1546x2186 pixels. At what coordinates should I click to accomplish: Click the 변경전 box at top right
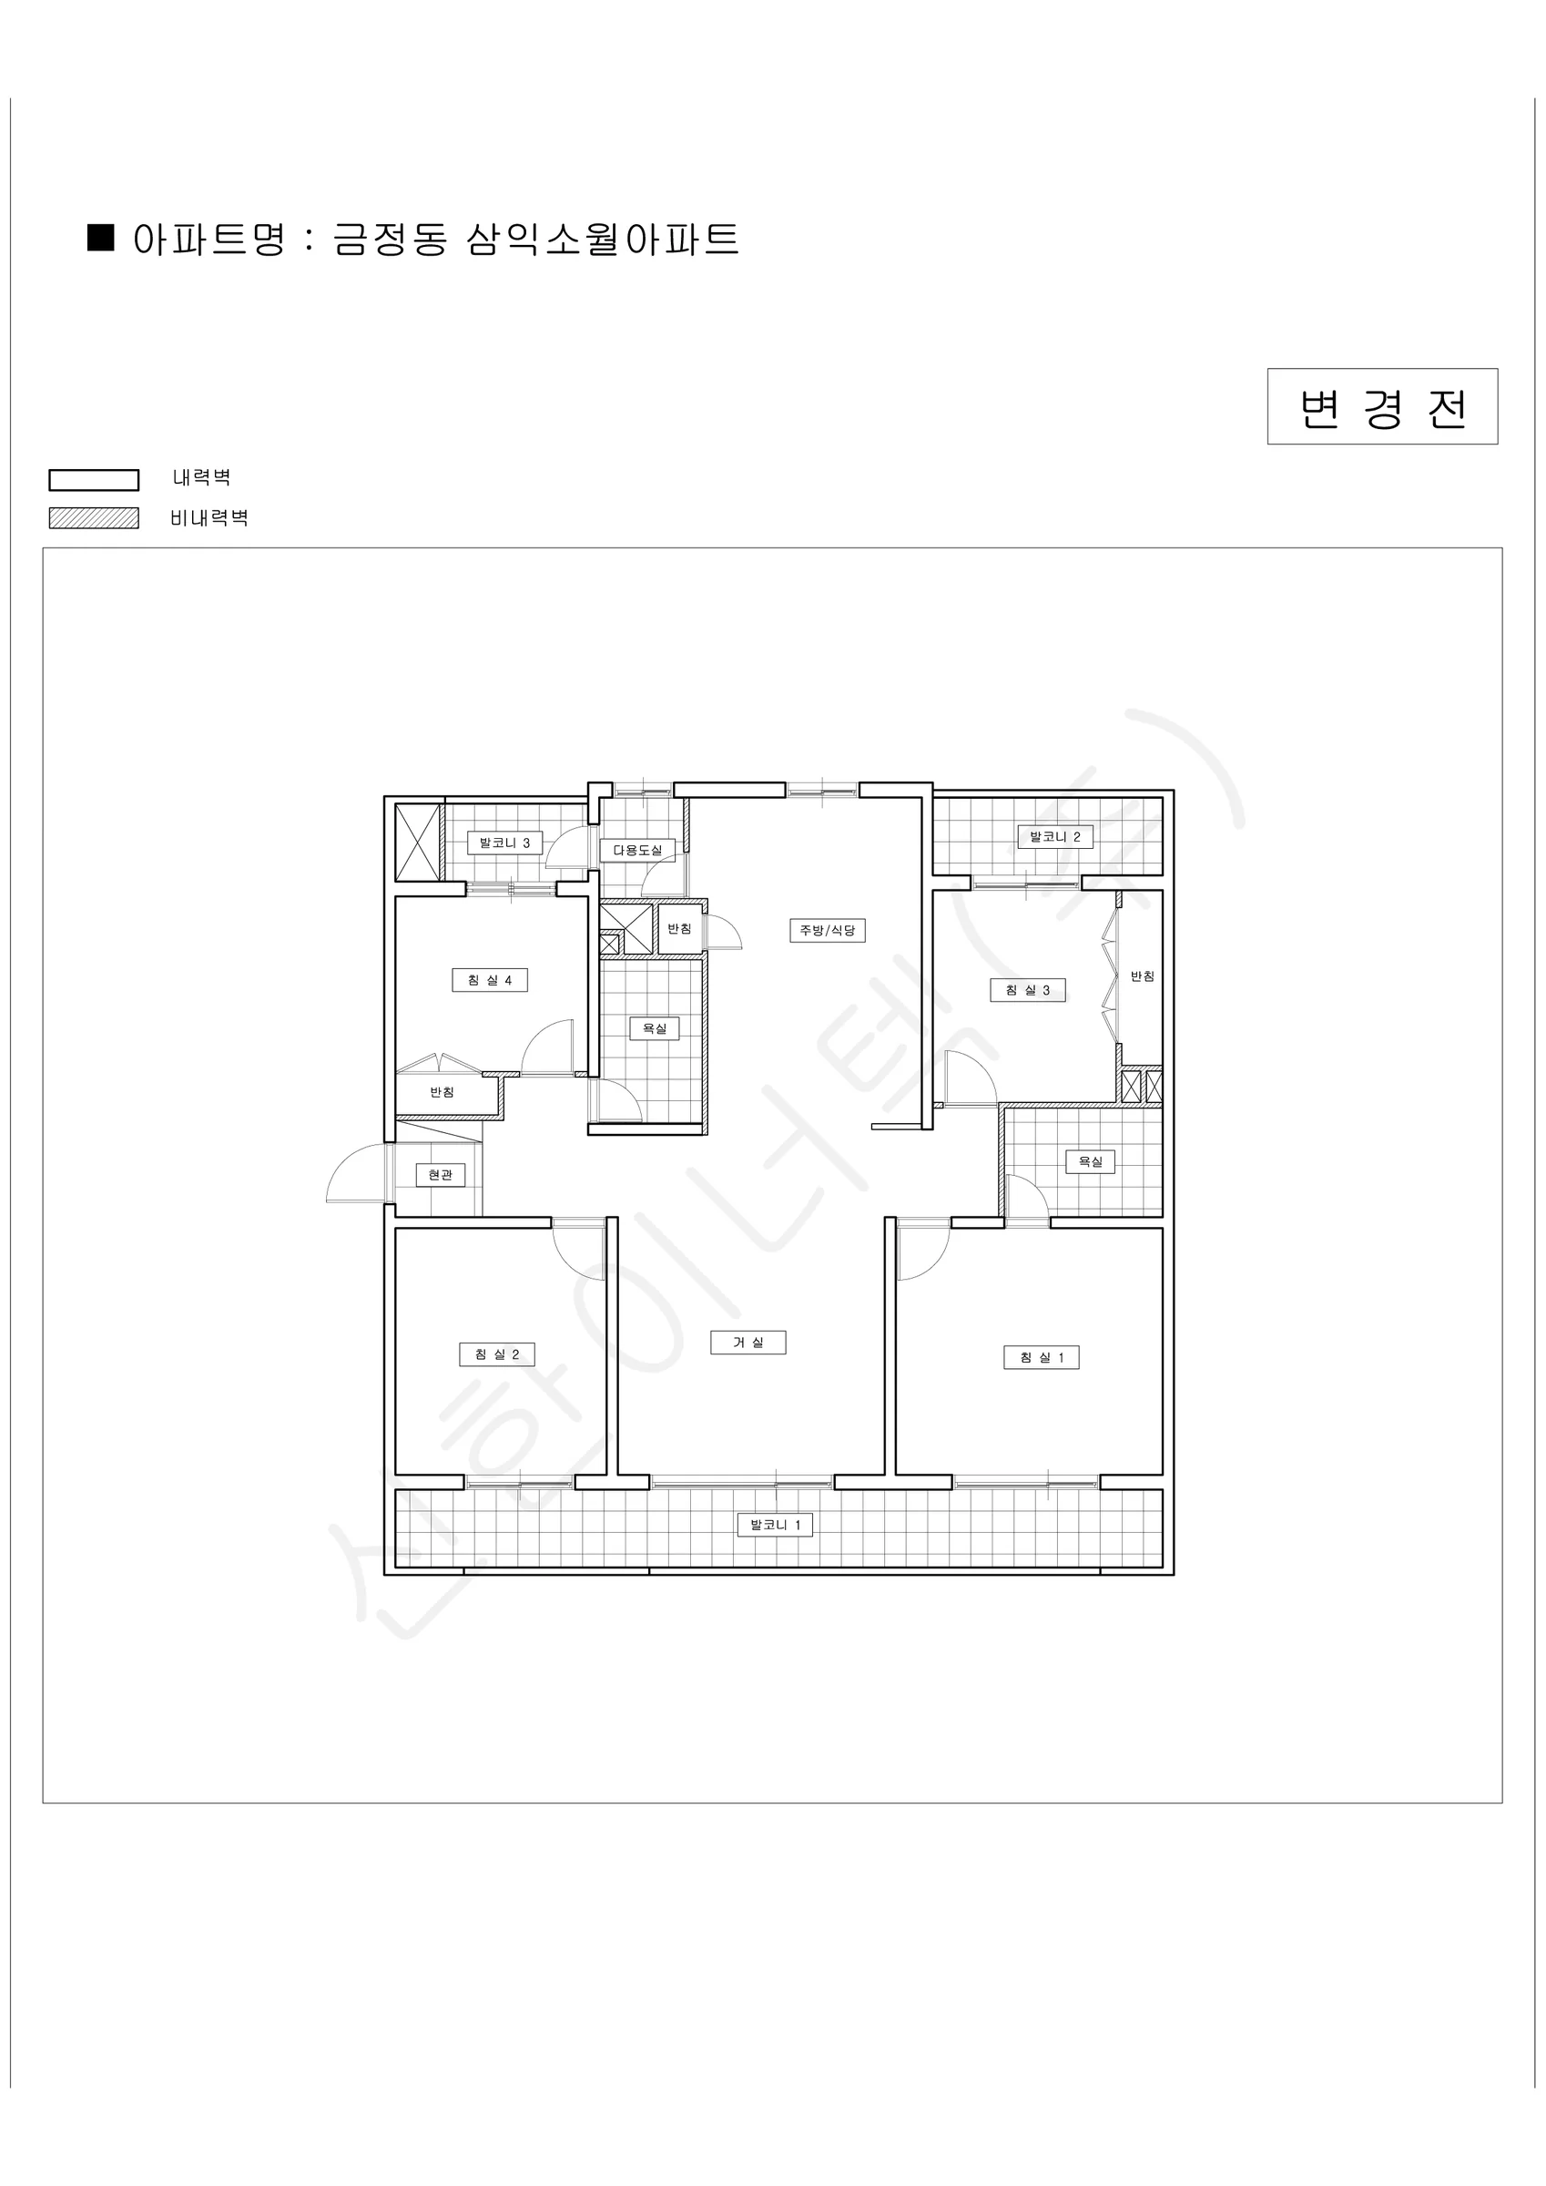point(1381,406)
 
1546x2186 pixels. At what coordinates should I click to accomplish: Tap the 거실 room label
point(748,1343)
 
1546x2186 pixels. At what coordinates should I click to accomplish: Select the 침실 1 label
point(1042,1358)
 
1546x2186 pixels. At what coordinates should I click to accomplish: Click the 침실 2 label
point(497,1354)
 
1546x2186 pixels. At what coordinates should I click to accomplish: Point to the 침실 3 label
point(1027,990)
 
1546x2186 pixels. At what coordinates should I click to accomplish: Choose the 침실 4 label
point(489,981)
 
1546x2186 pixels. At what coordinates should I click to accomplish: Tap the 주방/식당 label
point(828,930)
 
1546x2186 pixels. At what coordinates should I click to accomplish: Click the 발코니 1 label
point(775,1525)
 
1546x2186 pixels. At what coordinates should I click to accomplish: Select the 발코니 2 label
point(1054,837)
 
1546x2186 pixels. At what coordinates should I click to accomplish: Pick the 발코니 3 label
point(504,843)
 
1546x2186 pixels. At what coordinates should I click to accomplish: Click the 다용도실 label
point(636,849)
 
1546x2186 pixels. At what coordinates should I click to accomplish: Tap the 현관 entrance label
point(440,1175)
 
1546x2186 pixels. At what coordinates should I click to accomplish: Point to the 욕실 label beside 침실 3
point(1090,1161)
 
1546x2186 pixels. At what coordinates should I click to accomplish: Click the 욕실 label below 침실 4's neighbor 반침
point(654,1028)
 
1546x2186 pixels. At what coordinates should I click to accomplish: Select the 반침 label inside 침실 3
point(1143,976)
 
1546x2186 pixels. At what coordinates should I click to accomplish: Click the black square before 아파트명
point(101,237)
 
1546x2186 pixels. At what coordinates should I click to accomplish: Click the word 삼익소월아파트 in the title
point(603,239)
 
